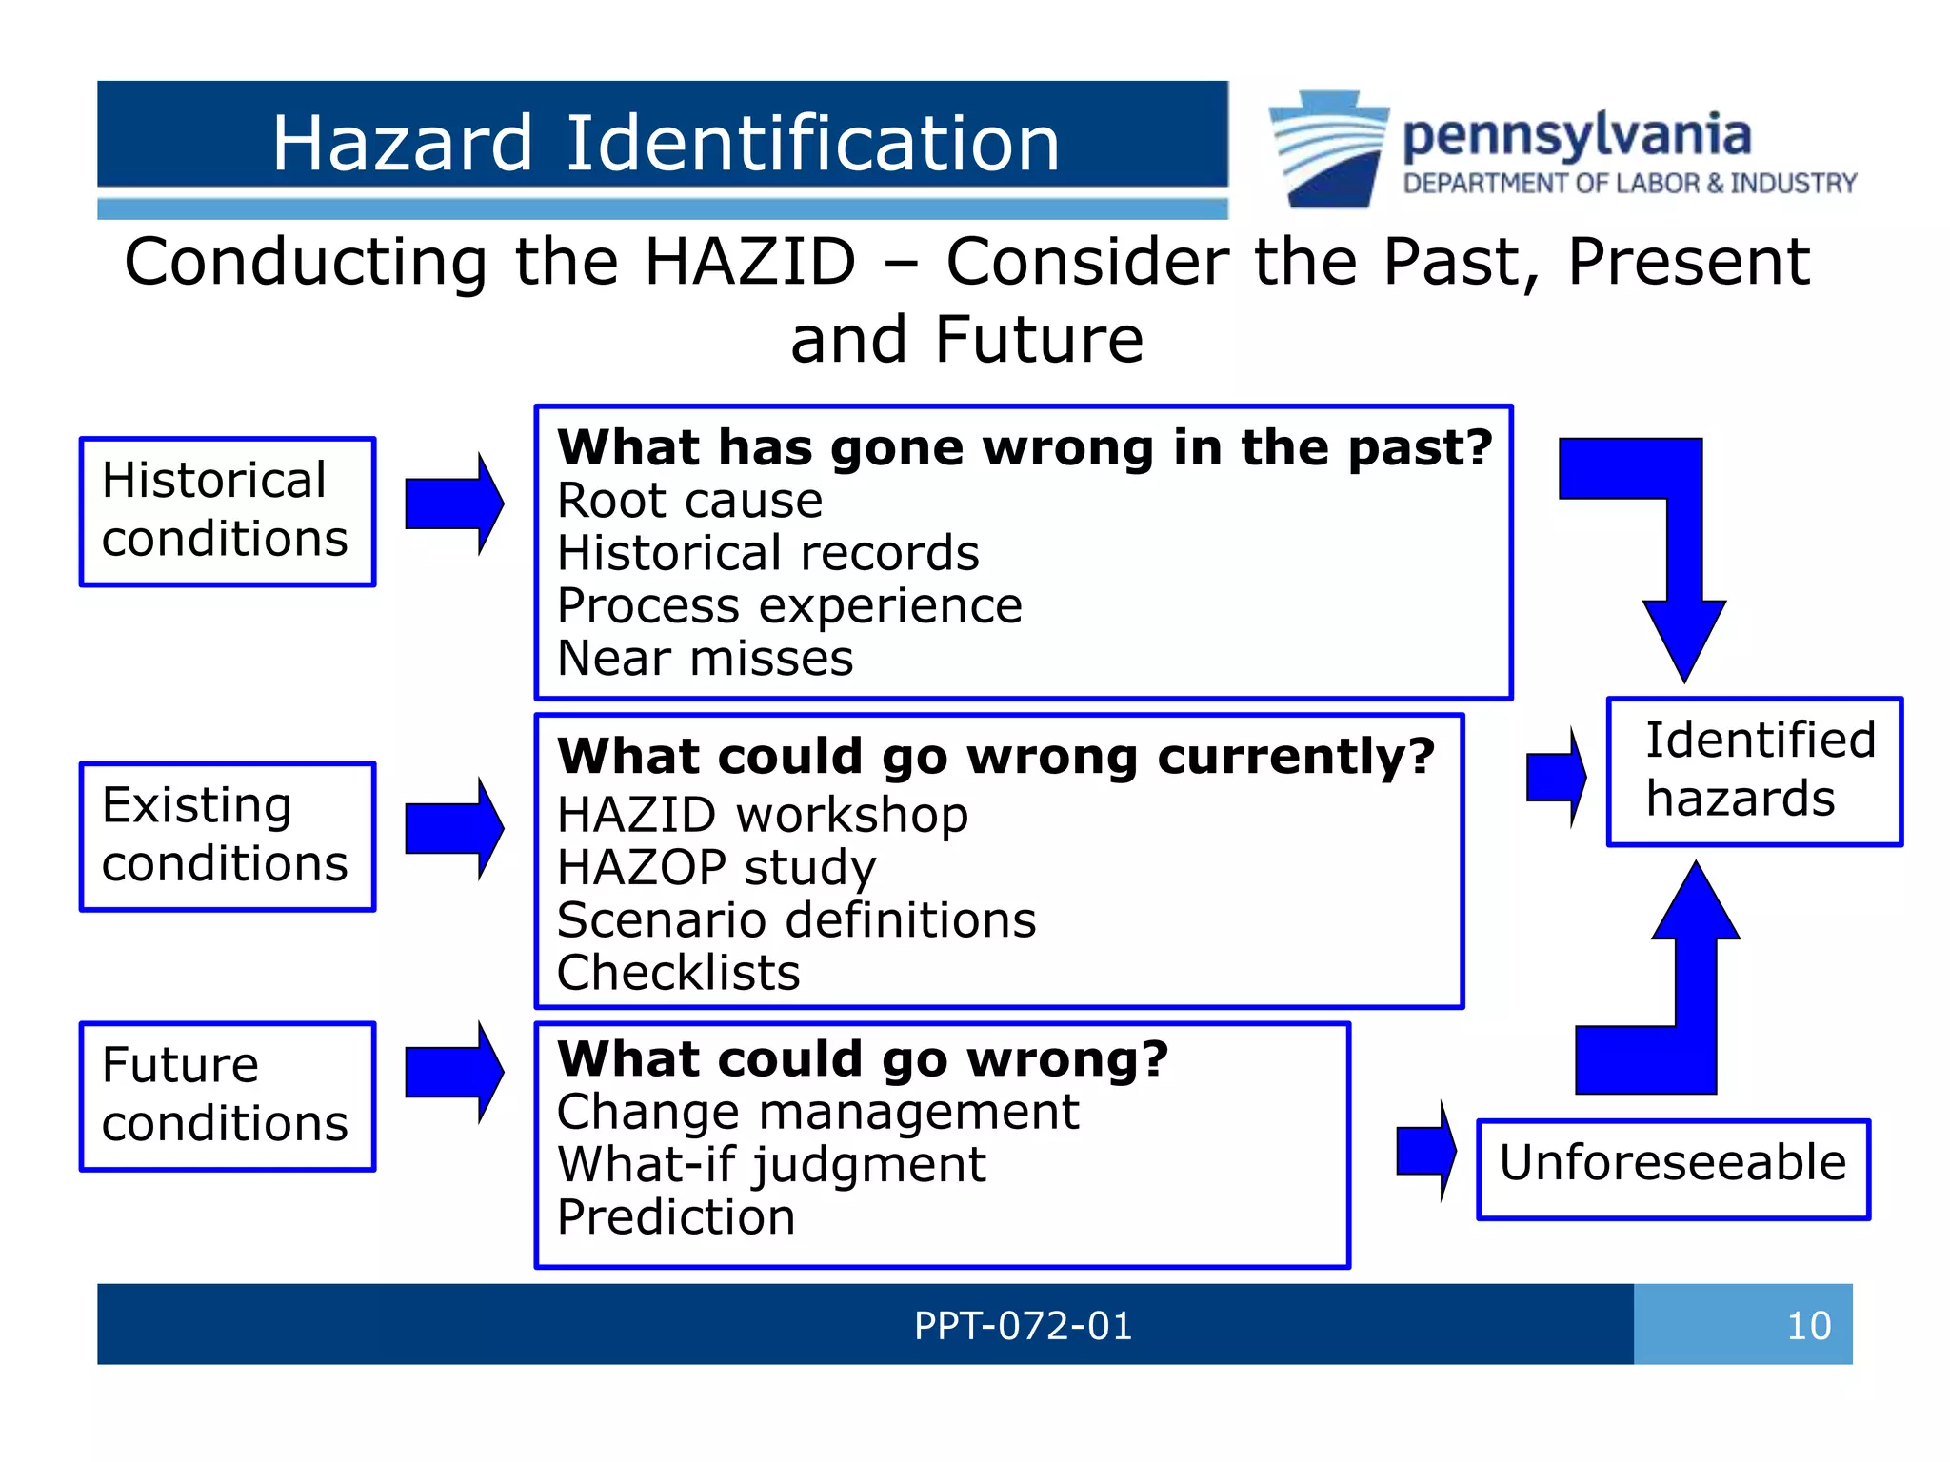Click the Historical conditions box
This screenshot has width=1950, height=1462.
(228, 511)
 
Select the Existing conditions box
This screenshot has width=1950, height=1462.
(228, 836)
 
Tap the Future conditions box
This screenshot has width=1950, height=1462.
(228, 1096)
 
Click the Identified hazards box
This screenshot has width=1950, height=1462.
(1754, 771)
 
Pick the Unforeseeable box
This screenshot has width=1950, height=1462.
(1673, 1169)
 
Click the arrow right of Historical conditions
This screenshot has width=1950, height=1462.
(453, 504)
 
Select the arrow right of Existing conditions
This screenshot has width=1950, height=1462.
(453, 828)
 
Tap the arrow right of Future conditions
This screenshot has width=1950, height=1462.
(453, 1073)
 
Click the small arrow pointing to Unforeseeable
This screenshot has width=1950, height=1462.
(1425, 1151)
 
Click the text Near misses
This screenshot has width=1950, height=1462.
(705, 658)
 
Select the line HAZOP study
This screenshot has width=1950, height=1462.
(716, 867)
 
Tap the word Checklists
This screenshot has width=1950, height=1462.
(678, 973)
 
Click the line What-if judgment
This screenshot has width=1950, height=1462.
(771, 1164)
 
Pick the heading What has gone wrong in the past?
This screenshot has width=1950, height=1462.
(1025, 447)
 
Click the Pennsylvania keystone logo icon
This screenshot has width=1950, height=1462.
(1328, 148)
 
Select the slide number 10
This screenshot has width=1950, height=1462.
(1808, 1325)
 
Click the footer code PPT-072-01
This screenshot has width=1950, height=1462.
(1023, 1325)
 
